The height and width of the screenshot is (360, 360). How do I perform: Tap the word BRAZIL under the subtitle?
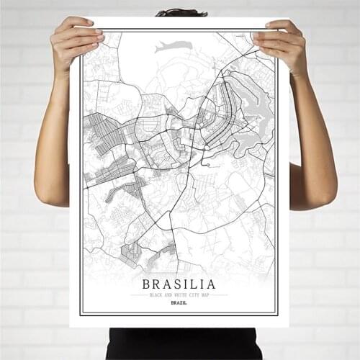pyautogui.click(x=179, y=302)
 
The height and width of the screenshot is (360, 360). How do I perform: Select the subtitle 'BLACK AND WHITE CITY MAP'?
pyautogui.click(x=179, y=294)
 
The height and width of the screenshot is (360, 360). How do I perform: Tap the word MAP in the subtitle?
pyautogui.click(x=205, y=294)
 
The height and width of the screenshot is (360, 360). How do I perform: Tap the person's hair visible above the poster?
pyautogui.click(x=181, y=12)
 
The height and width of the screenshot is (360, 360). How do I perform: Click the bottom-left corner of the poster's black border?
pyautogui.click(x=82, y=314)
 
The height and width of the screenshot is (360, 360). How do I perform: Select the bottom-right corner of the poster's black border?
pyautogui.click(x=277, y=314)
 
